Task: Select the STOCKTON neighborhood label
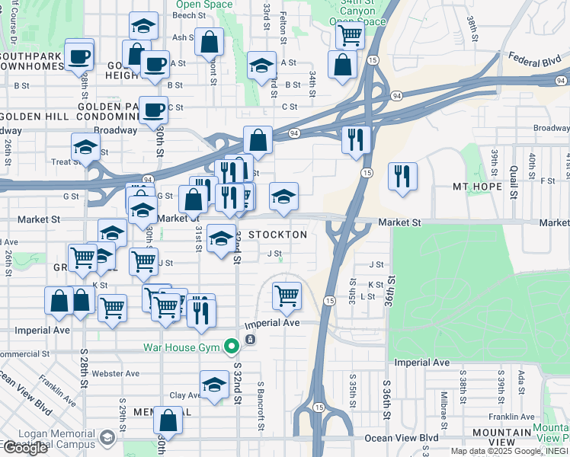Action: click(277, 235)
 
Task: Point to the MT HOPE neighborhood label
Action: click(479, 187)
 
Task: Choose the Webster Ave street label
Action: click(115, 373)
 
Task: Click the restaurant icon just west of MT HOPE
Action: click(402, 177)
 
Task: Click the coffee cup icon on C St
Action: click(153, 110)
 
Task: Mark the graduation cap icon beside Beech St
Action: click(143, 26)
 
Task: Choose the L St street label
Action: click(369, 296)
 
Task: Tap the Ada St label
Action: click(521, 379)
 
